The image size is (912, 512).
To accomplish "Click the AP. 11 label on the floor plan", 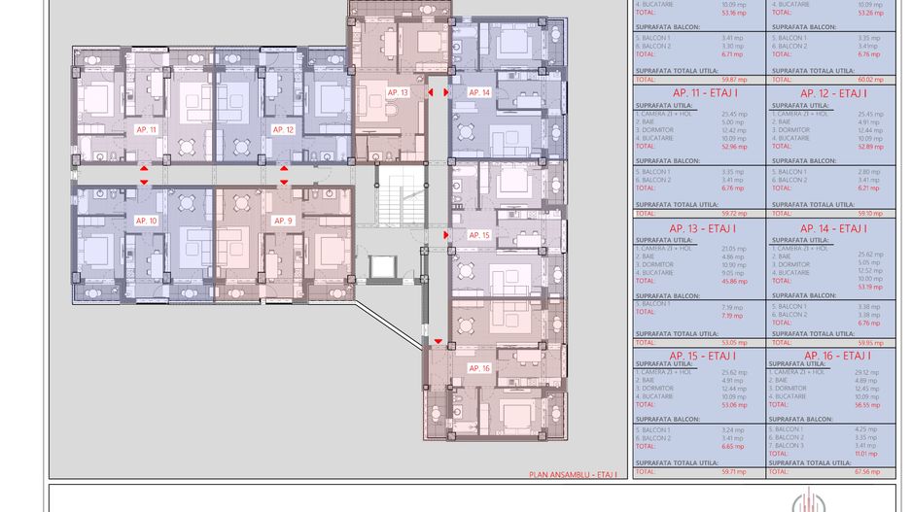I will [x=147, y=129].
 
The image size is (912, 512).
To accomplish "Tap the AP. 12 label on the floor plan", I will [x=283, y=129].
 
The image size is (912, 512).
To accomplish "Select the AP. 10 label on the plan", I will [x=147, y=222].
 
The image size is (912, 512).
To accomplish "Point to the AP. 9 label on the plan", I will [x=283, y=222].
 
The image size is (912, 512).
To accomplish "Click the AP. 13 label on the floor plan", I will [x=398, y=92].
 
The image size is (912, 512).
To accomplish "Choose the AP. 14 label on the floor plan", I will [x=479, y=92].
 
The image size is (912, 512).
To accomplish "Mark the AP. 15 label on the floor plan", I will [x=479, y=235].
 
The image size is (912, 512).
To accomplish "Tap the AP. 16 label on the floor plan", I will [x=479, y=368].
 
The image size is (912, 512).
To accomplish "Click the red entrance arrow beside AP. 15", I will [x=446, y=235].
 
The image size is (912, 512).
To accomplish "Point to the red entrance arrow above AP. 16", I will [x=438, y=341].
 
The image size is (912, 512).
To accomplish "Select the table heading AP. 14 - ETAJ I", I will [x=832, y=228].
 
